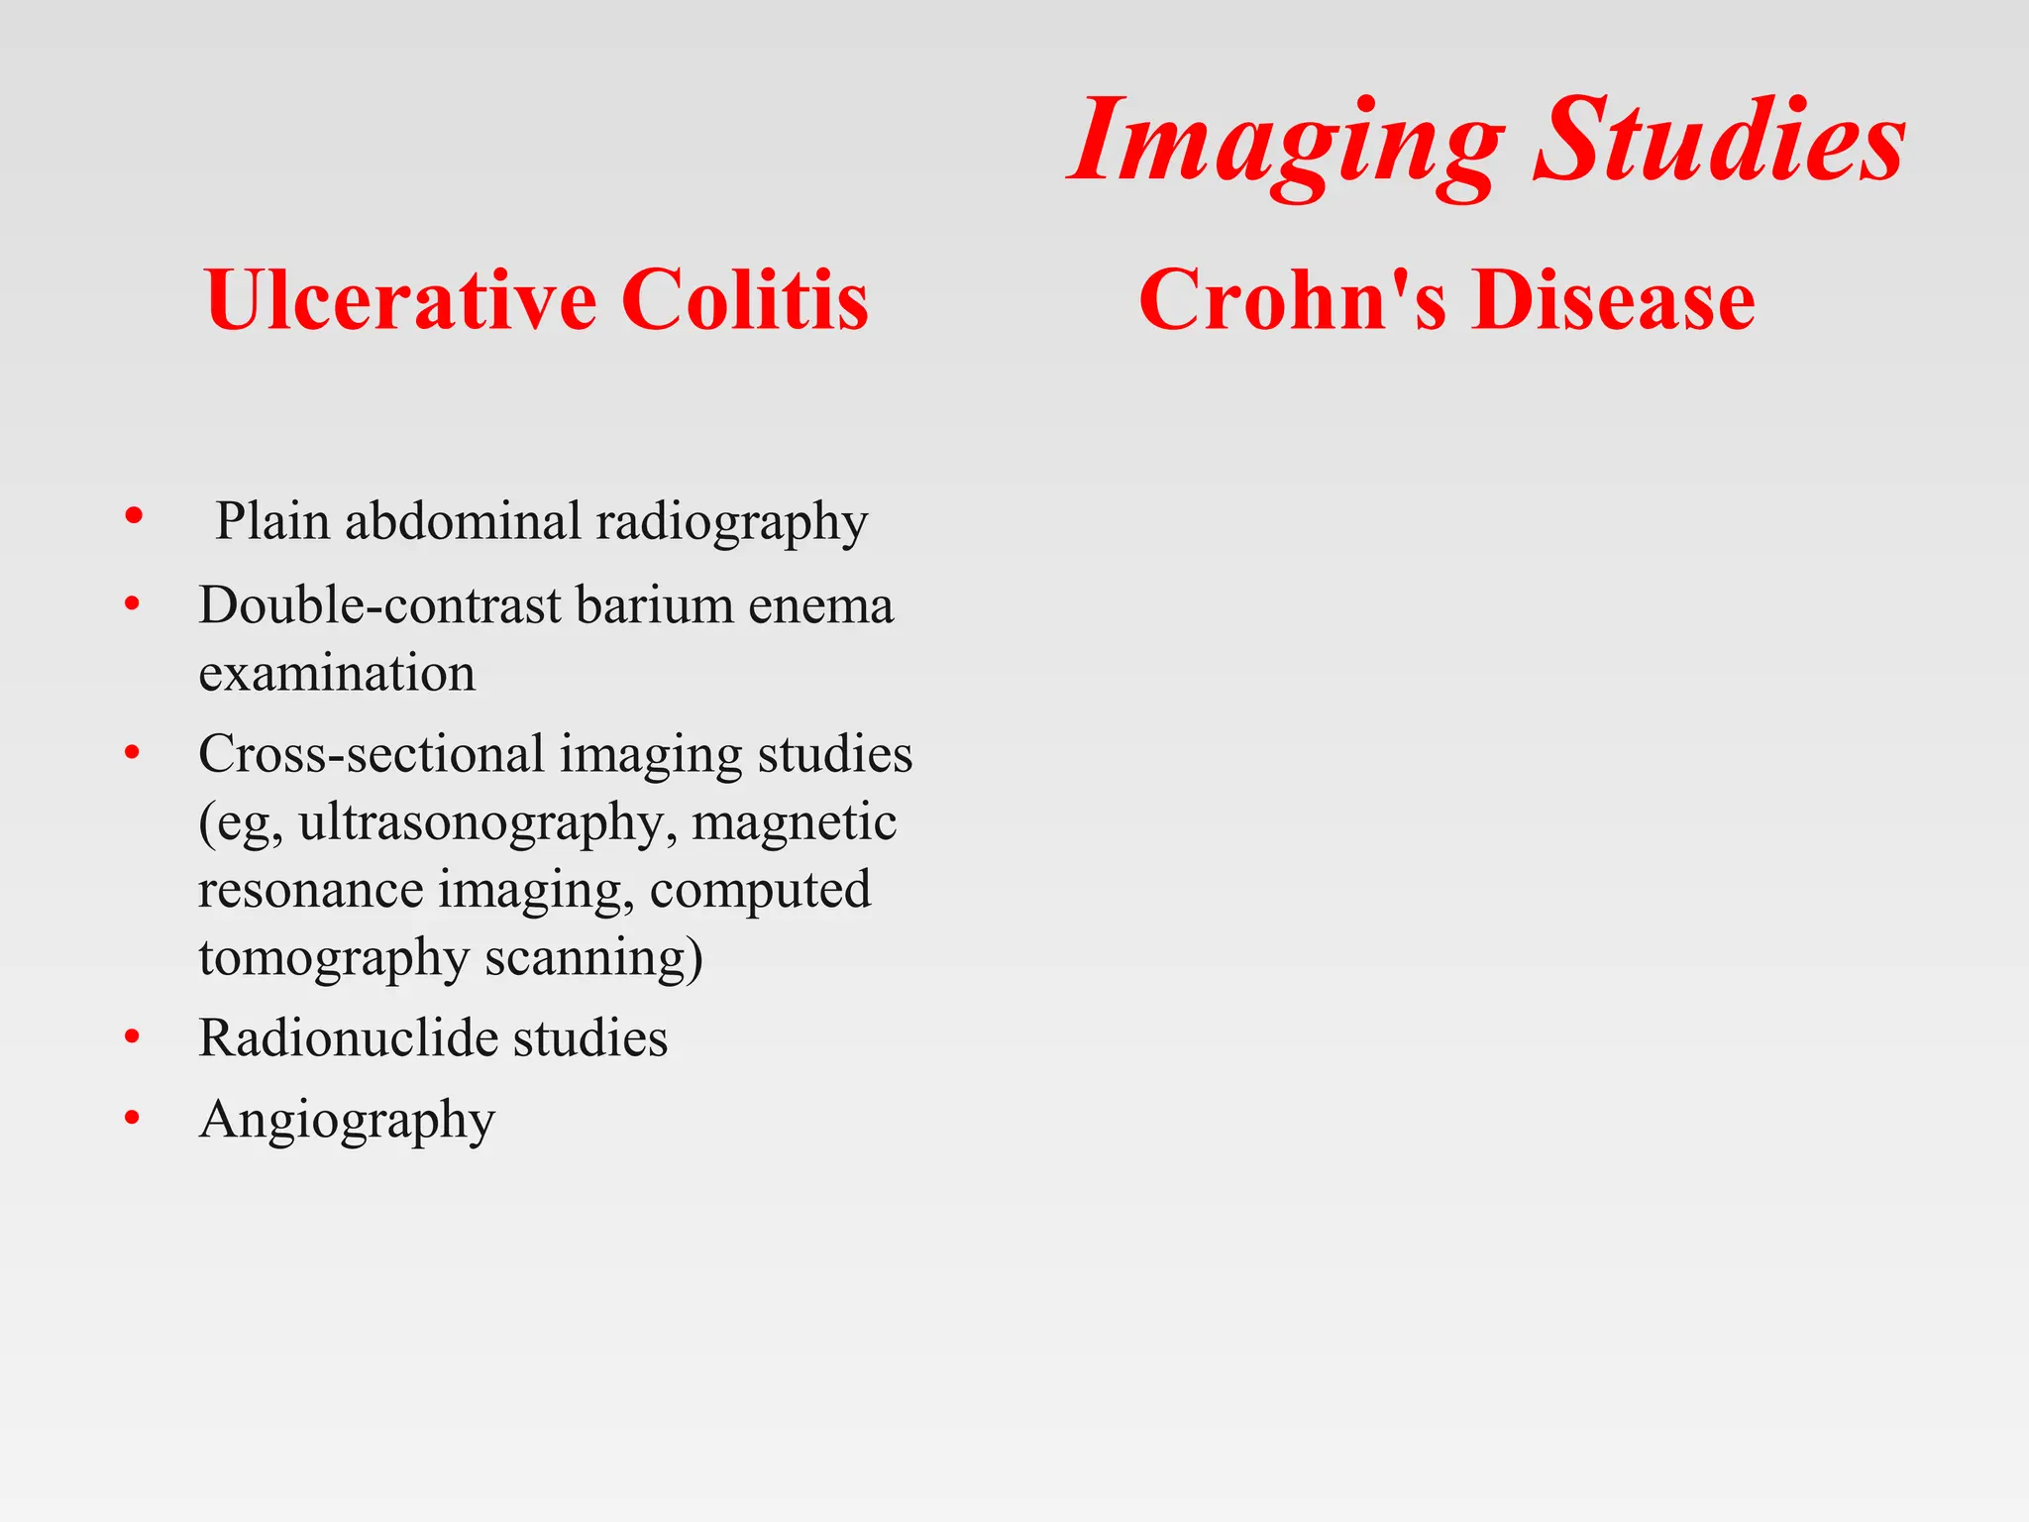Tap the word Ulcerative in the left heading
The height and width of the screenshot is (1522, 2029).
point(401,299)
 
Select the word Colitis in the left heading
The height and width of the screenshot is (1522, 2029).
point(745,299)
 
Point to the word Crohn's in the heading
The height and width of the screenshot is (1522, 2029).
point(1293,299)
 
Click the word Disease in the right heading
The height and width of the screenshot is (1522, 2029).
point(1613,299)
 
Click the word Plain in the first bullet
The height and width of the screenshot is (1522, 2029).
point(272,520)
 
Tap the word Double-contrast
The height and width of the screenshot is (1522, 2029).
point(379,604)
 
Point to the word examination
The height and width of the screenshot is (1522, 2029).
point(337,674)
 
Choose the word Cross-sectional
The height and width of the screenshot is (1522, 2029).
point(372,753)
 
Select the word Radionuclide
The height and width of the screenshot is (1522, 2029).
point(347,1038)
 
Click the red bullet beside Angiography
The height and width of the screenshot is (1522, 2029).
point(133,1119)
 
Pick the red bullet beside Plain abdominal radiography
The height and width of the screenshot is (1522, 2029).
point(135,515)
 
